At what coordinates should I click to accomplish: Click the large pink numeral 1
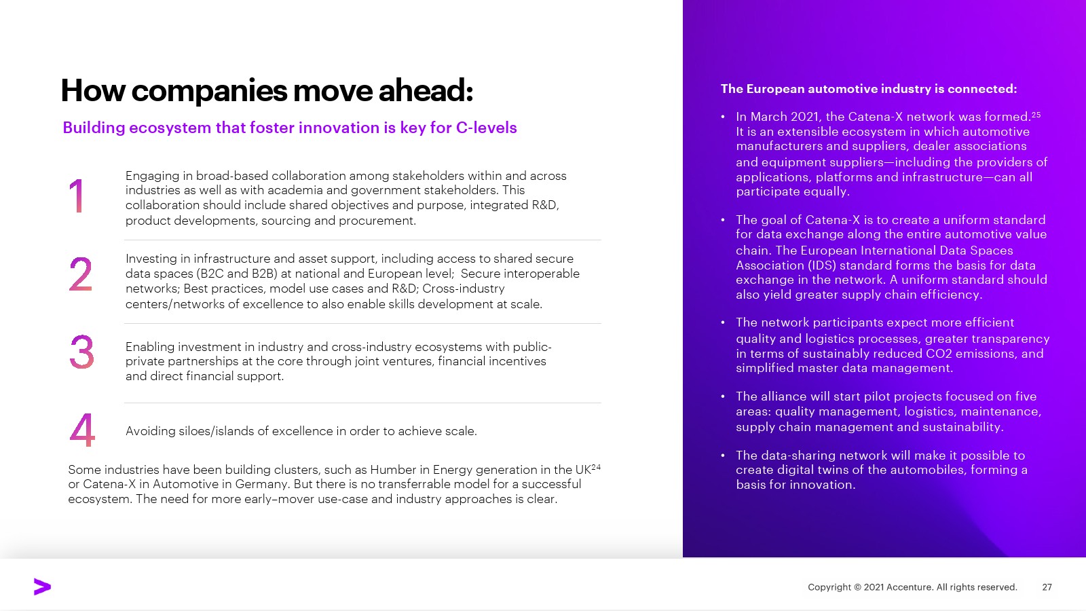pos(77,196)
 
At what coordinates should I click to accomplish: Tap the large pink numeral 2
pos(81,274)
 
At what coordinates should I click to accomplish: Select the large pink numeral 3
pos(81,352)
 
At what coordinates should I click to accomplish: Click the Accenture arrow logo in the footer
pos(42,587)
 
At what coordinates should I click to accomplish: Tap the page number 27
pos(1047,587)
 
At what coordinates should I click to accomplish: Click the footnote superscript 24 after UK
pos(596,467)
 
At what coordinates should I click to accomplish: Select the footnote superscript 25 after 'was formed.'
pos(1036,115)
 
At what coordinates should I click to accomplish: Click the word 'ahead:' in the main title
pos(425,90)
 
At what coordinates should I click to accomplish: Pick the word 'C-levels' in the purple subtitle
pos(486,128)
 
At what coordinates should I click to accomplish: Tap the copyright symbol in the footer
pos(857,587)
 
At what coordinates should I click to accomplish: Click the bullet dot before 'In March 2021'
pos(722,117)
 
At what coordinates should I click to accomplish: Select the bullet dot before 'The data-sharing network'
pos(722,456)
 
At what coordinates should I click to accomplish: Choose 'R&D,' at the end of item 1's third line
pos(545,205)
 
